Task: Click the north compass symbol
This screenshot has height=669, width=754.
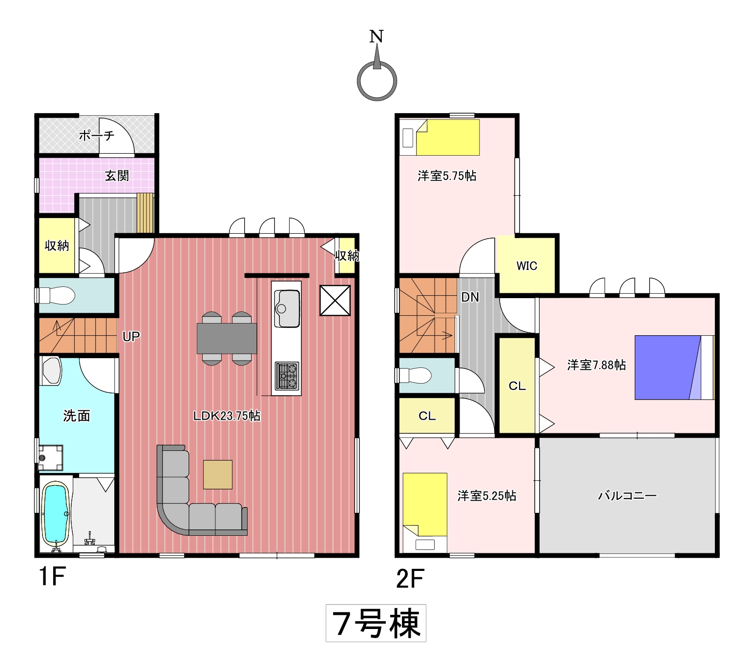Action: pyautogui.click(x=377, y=81)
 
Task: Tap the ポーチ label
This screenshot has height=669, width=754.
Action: pyautogui.click(x=97, y=135)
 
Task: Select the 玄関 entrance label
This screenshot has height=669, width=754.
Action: pyautogui.click(x=117, y=176)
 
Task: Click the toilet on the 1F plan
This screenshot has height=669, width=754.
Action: pyautogui.click(x=56, y=296)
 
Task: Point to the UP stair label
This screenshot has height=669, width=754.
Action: pyautogui.click(x=131, y=337)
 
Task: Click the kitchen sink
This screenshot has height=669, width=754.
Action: pyautogui.click(x=287, y=308)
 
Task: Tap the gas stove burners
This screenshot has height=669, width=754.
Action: pyautogui.click(x=287, y=376)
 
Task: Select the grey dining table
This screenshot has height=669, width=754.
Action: pyautogui.click(x=227, y=339)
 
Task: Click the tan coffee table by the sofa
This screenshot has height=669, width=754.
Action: pyautogui.click(x=218, y=474)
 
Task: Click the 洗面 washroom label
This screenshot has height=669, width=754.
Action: pyautogui.click(x=77, y=416)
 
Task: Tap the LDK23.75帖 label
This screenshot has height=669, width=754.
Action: pyautogui.click(x=227, y=416)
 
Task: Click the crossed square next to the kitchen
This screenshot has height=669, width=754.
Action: pyautogui.click(x=335, y=301)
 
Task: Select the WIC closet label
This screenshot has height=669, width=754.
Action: pyautogui.click(x=526, y=266)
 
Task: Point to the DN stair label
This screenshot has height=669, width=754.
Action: pyautogui.click(x=470, y=297)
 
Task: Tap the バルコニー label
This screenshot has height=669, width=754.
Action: pyautogui.click(x=627, y=496)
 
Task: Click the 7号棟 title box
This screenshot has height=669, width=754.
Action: pyautogui.click(x=376, y=623)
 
